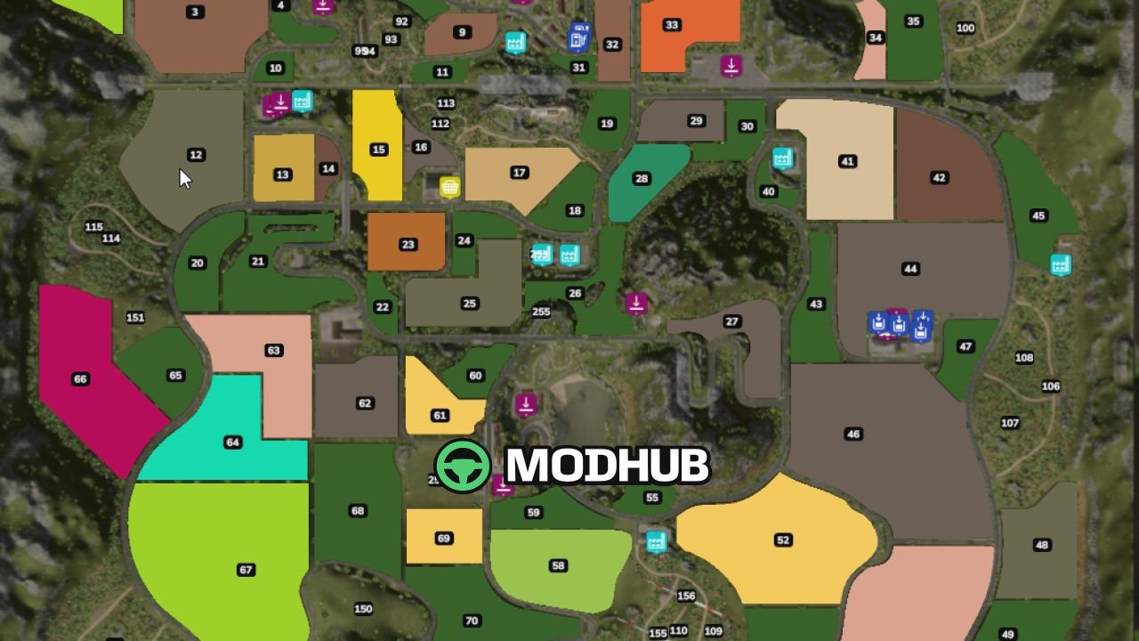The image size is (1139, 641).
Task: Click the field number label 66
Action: (80, 379)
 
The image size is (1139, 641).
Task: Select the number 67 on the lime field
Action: (246, 570)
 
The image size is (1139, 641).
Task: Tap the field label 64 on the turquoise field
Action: (233, 442)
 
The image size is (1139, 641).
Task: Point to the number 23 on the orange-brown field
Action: (408, 245)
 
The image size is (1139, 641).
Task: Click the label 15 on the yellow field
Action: (379, 150)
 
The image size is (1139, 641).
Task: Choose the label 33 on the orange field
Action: (672, 25)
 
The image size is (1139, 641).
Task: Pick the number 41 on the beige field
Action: (847, 162)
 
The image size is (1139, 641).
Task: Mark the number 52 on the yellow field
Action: (783, 540)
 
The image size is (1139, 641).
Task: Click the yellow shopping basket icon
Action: (450, 187)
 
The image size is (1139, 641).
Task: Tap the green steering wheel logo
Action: (463, 466)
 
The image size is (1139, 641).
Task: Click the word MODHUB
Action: (607, 466)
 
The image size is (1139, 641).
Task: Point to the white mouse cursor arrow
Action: (184, 178)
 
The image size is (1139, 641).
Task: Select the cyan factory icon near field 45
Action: (1060, 264)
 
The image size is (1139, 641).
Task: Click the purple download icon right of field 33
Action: (731, 65)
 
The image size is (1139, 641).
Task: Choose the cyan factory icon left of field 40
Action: (782, 158)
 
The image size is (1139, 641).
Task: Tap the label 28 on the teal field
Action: (642, 179)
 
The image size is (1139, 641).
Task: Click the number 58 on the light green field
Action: (558, 566)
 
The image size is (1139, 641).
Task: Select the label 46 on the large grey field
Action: (854, 434)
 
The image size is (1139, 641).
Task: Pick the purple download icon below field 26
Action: (636, 303)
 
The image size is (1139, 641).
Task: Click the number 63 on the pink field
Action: (273, 351)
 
